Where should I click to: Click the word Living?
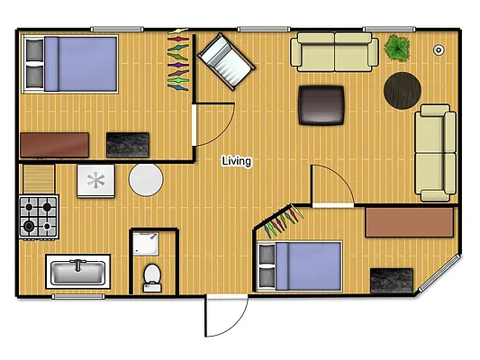point(238,162)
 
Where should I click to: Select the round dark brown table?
point(403,90)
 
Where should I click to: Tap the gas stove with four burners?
point(39,216)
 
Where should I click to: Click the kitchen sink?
point(78,271)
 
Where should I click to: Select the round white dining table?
point(145,180)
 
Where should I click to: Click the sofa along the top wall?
point(334,52)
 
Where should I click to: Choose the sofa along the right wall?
point(433,151)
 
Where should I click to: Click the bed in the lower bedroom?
point(299,266)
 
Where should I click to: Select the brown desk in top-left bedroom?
point(54,145)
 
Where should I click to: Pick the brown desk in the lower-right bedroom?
point(410,222)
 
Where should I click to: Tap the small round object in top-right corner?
point(439,50)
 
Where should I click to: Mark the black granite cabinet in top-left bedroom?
point(127,145)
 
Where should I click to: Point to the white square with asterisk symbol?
point(95,180)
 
